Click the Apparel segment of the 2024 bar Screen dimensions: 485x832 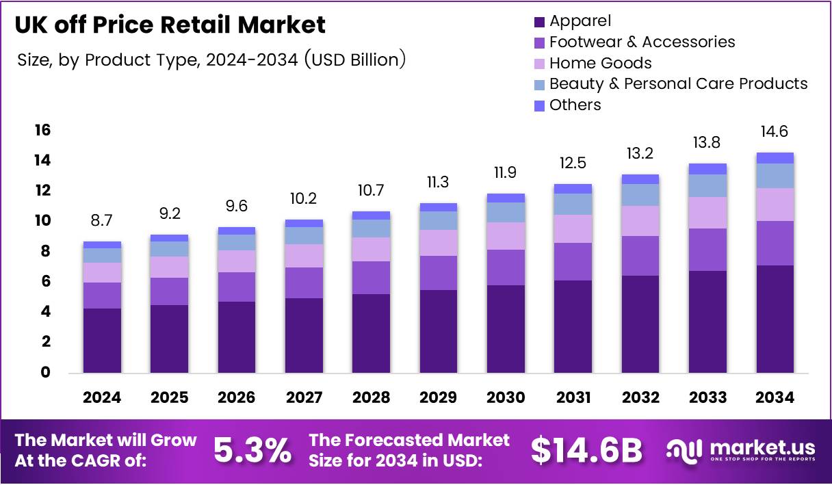(x=102, y=341)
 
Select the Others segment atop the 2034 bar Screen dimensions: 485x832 (x=775, y=158)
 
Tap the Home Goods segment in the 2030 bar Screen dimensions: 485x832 (x=506, y=236)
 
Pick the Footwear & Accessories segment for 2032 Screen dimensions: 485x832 (x=640, y=256)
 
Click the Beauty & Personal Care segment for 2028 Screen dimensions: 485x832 (x=371, y=228)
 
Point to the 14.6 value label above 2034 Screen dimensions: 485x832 (x=775, y=131)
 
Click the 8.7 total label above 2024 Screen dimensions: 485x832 (x=102, y=222)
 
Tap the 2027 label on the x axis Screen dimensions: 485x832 (x=303, y=397)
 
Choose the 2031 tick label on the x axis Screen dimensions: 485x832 (x=573, y=397)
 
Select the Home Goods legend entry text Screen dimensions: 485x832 (x=600, y=64)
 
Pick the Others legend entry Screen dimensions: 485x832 (x=575, y=105)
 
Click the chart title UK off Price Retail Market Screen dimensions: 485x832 (x=170, y=25)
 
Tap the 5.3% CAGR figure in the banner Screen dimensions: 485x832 (x=252, y=451)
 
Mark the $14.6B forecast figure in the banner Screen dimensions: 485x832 (x=586, y=451)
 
